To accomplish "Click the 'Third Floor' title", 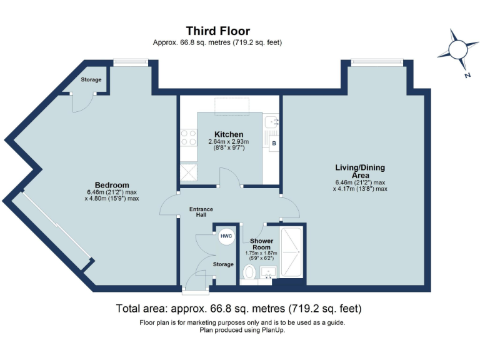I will coord(217,31).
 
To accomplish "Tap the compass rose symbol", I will coord(459,49).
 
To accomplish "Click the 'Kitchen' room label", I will coord(229,134).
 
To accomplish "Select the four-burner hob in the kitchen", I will coord(187,137).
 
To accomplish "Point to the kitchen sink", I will coord(271,122).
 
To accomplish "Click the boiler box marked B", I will coord(273,144).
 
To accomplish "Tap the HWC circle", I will coord(226,236).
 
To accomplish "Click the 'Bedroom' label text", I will coord(112,185).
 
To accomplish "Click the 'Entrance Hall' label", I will coord(201,212).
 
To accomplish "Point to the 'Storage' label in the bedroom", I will coord(91,79).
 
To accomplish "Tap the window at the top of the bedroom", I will coord(131,61).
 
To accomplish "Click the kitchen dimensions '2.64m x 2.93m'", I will coord(229,142).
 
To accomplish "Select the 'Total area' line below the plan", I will coord(239,309).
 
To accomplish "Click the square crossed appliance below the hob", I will coord(187,170).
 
